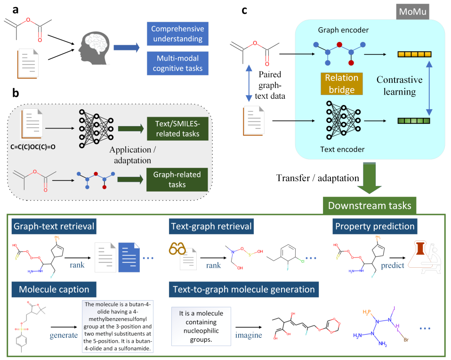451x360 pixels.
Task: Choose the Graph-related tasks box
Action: click(177, 179)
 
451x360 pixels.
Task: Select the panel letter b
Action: click(16, 94)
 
